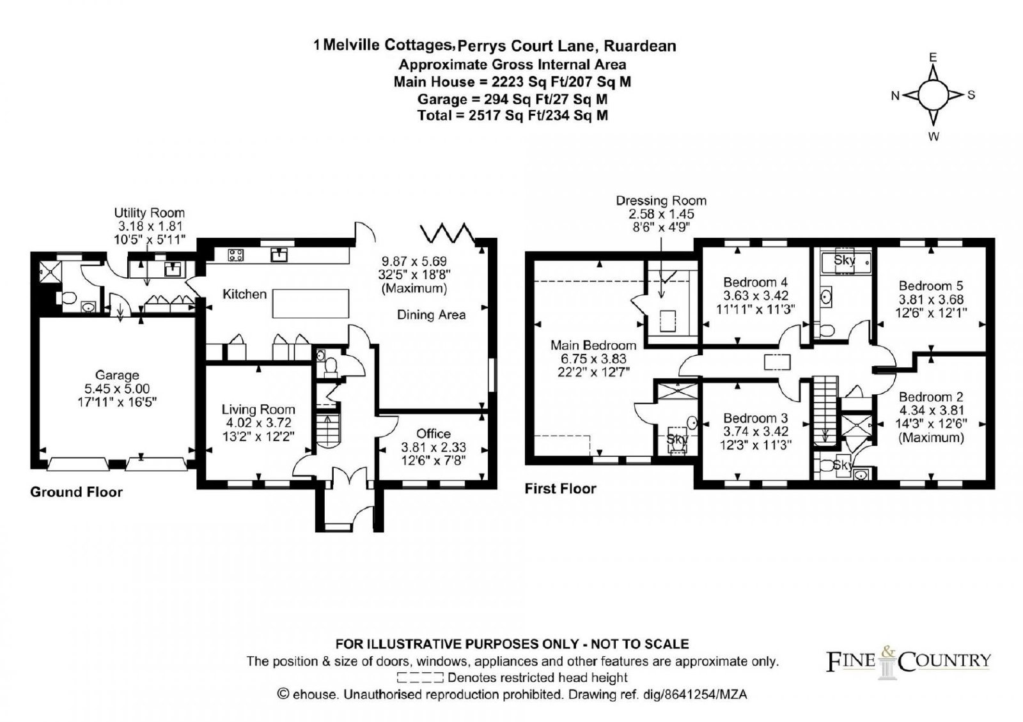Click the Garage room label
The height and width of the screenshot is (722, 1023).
[x=117, y=375]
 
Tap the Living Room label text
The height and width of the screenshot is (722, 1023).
[x=258, y=410]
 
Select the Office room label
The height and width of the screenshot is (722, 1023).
[x=433, y=434]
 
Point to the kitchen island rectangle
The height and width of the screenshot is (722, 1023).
[x=311, y=303]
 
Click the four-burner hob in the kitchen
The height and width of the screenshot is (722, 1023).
[x=236, y=255]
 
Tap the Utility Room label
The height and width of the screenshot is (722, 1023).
[x=150, y=213]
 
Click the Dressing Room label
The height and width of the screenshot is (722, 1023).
[x=661, y=201]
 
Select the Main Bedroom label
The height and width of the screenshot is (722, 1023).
[x=593, y=345]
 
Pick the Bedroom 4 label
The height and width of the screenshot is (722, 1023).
[x=755, y=282]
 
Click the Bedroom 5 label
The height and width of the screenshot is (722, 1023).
[x=931, y=286]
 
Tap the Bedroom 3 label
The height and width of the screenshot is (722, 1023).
[x=755, y=418]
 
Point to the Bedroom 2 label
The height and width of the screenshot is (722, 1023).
[x=931, y=397]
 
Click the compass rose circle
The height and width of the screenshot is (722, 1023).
[x=933, y=95]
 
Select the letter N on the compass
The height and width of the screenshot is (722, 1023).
[x=895, y=96]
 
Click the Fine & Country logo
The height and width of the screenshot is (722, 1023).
[x=908, y=662]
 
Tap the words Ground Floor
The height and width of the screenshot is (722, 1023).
[x=76, y=492]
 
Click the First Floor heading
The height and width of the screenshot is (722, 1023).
[x=560, y=489]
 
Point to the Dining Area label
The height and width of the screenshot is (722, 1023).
[x=431, y=315]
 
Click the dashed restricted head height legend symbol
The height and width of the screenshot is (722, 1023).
[x=419, y=677]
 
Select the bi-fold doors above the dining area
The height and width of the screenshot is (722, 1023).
[x=448, y=233]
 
